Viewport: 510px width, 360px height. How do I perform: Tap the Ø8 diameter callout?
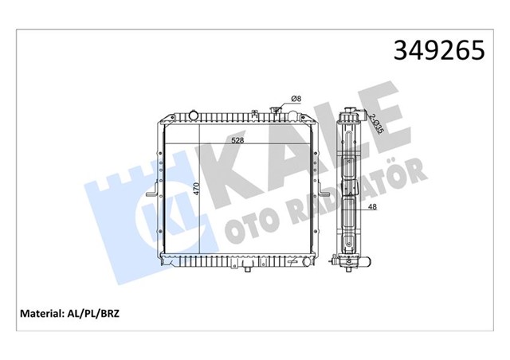[x=295, y=98]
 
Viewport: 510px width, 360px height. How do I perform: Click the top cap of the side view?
[x=348, y=107]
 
